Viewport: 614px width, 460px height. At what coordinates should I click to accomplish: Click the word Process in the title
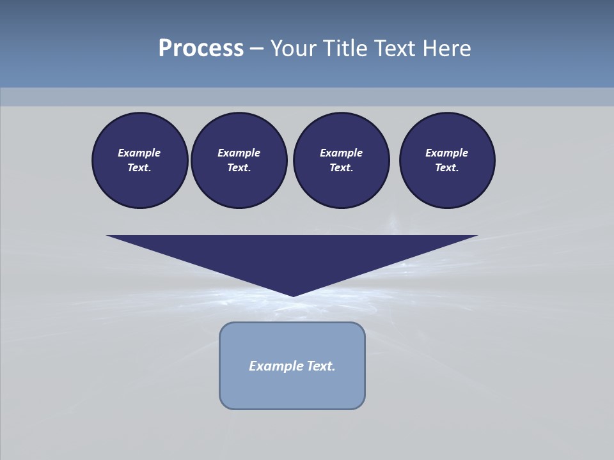(201, 49)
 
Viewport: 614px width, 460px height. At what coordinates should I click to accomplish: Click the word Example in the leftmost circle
(139, 153)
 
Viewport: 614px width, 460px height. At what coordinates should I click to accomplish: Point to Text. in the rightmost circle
(447, 167)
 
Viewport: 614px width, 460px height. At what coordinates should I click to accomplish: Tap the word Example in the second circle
(239, 153)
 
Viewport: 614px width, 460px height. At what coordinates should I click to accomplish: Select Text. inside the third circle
(341, 167)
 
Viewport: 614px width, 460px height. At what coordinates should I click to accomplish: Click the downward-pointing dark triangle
(292, 256)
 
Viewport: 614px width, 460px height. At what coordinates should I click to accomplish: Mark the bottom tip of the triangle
(293, 295)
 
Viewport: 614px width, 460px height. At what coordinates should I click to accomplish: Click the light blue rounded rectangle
(292, 390)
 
